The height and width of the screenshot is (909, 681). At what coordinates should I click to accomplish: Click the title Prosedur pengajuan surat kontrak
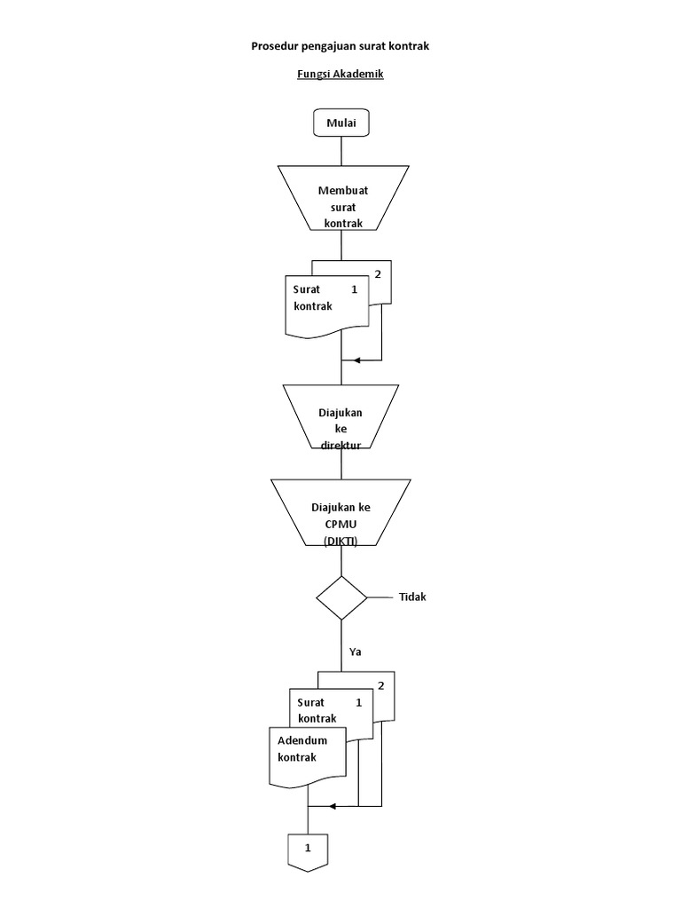(x=340, y=45)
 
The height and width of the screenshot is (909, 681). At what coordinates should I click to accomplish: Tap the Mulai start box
(x=341, y=123)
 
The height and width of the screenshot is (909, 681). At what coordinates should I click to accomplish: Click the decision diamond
(x=342, y=597)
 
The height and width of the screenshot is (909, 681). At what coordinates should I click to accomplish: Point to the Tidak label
(x=412, y=597)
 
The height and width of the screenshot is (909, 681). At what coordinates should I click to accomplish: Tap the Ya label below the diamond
(x=356, y=652)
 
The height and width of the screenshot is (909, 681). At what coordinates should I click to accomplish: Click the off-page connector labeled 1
(x=308, y=850)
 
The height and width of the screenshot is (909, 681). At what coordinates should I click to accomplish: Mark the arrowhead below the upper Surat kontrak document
(x=356, y=360)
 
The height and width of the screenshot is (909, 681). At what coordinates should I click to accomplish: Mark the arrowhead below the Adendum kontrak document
(x=332, y=807)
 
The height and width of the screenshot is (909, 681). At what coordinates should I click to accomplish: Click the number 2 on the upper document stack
(x=378, y=273)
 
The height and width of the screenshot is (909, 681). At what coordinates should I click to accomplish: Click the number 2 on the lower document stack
(x=381, y=685)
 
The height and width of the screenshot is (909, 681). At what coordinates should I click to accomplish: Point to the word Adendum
(x=302, y=740)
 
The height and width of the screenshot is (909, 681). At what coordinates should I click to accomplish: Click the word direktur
(x=340, y=446)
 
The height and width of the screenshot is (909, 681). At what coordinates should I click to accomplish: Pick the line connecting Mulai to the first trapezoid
(x=341, y=151)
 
